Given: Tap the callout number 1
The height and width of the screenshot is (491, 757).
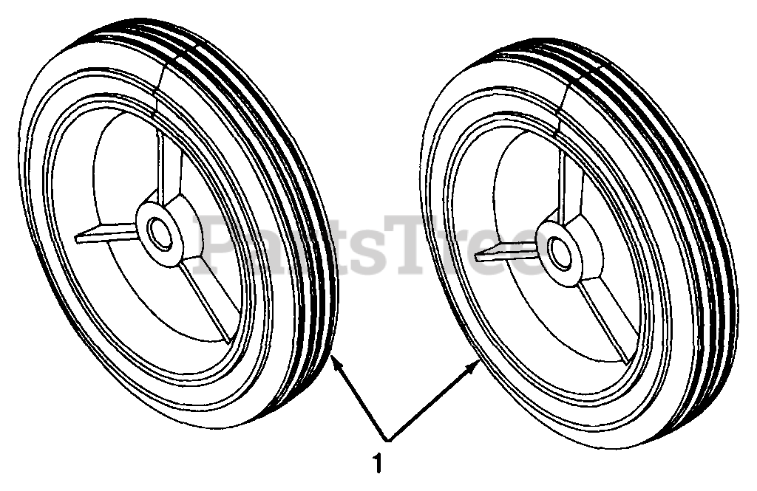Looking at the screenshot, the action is (378, 464).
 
